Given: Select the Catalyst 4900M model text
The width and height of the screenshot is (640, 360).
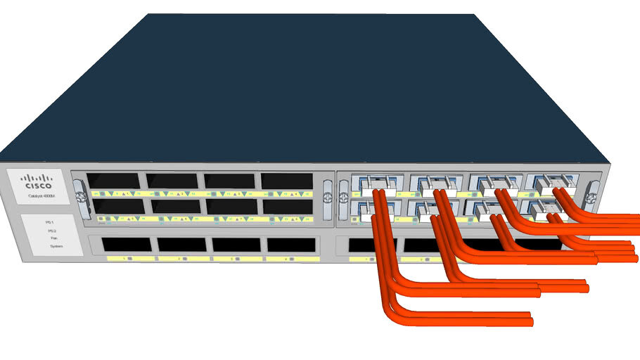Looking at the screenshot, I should [39, 198].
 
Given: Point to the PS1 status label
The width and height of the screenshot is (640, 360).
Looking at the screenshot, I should [50, 222].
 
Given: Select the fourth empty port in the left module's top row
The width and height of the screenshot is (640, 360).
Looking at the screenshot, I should [286, 181].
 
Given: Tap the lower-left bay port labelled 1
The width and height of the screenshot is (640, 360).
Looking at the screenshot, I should [126, 245].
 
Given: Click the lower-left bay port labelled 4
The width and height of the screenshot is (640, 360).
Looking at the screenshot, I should [291, 245].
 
